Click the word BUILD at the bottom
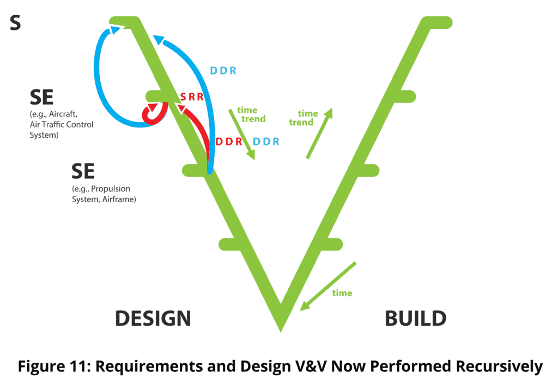(x=416, y=318)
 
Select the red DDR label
(x=229, y=142)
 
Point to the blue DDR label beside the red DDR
(x=267, y=142)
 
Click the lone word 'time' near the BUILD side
(x=342, y=293)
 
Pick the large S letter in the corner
(x=15, y=24)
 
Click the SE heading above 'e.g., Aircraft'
(x=42, y=98)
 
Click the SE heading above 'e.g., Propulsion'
(x=83, y=172)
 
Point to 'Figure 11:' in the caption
(x=53, y=366)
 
